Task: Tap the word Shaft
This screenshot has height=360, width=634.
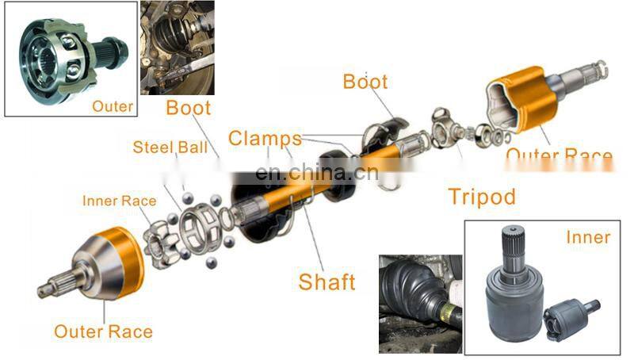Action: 327,281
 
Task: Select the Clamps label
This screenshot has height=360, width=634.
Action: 265,138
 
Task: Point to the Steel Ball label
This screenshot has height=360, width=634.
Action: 170,147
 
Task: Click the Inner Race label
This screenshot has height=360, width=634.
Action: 120,201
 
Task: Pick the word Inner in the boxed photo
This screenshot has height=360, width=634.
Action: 588,237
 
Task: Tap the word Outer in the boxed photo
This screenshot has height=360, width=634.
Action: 113,105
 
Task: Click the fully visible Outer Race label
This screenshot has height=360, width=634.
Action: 103,331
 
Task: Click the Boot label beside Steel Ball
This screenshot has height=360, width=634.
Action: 188,108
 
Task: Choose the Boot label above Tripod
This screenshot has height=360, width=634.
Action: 365,81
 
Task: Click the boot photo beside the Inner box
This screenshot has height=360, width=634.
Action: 420,301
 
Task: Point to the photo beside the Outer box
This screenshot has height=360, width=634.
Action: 177,48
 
